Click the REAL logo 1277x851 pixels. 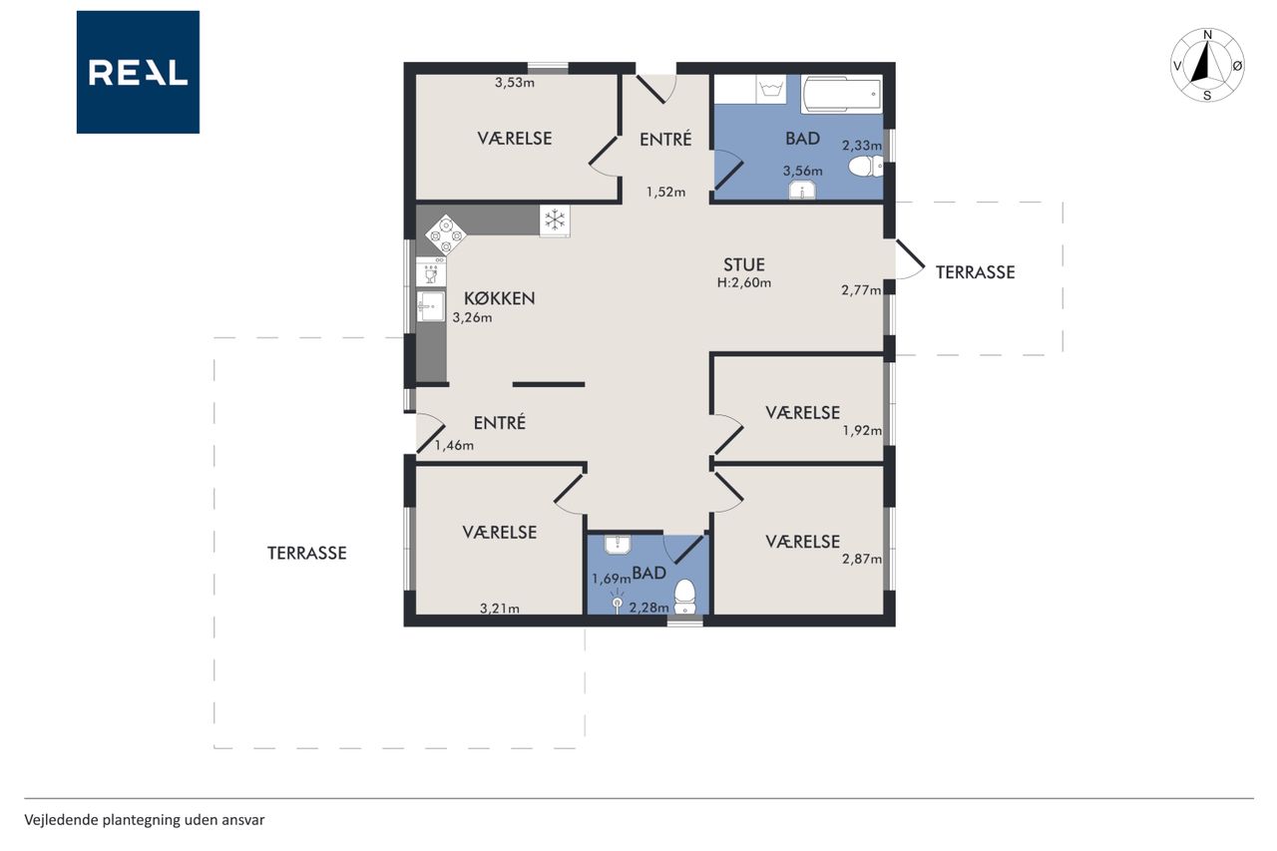138,72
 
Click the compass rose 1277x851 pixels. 1207,65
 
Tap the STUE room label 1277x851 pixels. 744,264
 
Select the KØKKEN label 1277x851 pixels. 500,298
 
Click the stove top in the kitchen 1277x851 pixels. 445,234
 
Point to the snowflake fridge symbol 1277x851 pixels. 555,220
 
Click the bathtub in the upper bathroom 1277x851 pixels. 841,94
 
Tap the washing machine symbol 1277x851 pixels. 771,89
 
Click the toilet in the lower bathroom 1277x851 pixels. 684,597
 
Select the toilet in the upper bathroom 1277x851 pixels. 866,167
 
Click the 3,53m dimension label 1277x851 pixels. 514,83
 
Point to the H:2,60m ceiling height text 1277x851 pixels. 744,282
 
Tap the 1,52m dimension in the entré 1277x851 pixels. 665,193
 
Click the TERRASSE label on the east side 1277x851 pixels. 975,272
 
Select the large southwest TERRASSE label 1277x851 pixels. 306,553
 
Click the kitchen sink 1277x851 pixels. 430,306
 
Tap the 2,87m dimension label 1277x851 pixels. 861,559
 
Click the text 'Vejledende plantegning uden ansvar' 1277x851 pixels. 145,820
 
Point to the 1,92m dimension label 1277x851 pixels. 862,431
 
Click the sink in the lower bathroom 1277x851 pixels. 617,545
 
